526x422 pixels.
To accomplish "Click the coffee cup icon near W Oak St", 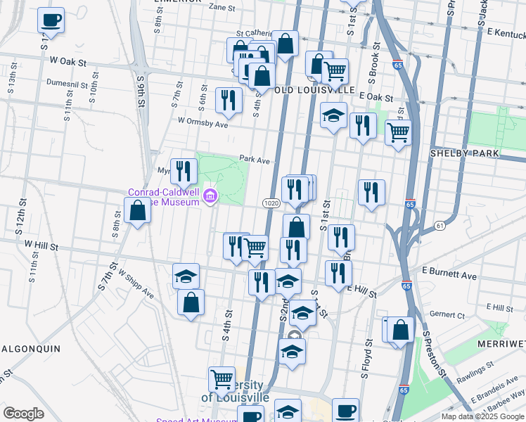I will pos(51,20).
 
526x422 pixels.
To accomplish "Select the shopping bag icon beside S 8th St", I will pos(137,210).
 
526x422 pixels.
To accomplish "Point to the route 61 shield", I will pos(439,225).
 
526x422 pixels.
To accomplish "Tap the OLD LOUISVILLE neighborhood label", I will pos(313,90).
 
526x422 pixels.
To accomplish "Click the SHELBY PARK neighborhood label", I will pos(465,153).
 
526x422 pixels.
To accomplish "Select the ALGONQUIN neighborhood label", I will pos(30,348).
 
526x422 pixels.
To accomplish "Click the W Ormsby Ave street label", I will pos(203,122).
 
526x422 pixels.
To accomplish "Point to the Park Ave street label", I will pos(255,160).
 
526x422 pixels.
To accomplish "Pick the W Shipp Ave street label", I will pos(136,283).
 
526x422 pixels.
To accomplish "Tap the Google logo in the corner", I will pos(23,414).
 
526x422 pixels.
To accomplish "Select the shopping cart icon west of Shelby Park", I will pos(398,131).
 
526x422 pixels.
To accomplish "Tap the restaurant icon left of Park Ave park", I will pos(184,170).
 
